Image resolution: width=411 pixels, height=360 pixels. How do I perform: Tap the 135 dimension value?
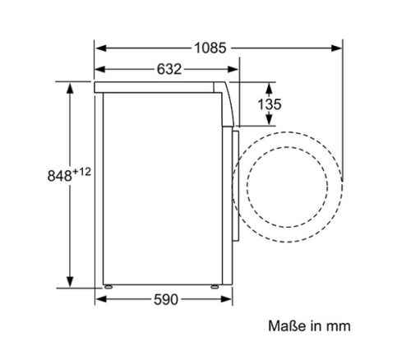pyautogui.click(x=268, y=104)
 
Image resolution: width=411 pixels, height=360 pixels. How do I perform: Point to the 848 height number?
pyautogui.click(x=57, y=175)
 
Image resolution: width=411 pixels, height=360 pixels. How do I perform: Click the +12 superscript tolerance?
pyautogui.click(x=79, y=170)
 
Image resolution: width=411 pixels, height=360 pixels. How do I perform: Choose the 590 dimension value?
pyautogui.click(x=164, y=300)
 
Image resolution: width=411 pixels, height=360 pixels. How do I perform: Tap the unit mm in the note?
pyautogui.click(x=339, y=326)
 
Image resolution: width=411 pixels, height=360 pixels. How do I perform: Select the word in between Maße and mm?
pyautogui.click(x=314, y=326)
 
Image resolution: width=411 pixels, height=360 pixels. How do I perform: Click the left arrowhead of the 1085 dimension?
pyautogui.click(x=99, y=48)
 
